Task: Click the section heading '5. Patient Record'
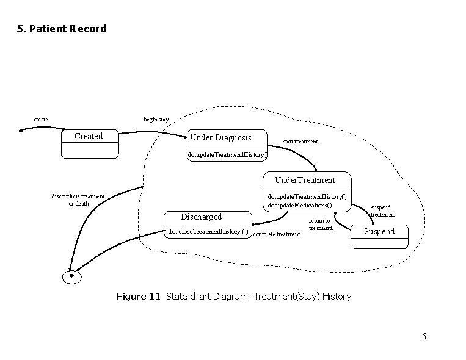click(62, 29)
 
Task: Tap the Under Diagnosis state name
click(219, 137)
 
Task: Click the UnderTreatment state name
click(305, 180)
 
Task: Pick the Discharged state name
click(201, 217)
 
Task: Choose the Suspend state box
click(379, 236)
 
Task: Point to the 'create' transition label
click(41, 119)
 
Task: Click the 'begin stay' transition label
click(156, 119)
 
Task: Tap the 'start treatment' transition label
click(300, 142)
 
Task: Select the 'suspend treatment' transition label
click(382, 211)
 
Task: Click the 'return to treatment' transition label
click(320, 225)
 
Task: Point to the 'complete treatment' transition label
click(276, 234)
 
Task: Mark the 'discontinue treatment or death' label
click(78, 200)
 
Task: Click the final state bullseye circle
click(72, 276)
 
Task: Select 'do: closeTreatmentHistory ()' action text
click(208, 231)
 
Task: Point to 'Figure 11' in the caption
click(138, 297)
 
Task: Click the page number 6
click(424, 337)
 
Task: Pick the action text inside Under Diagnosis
click(227, 155)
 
